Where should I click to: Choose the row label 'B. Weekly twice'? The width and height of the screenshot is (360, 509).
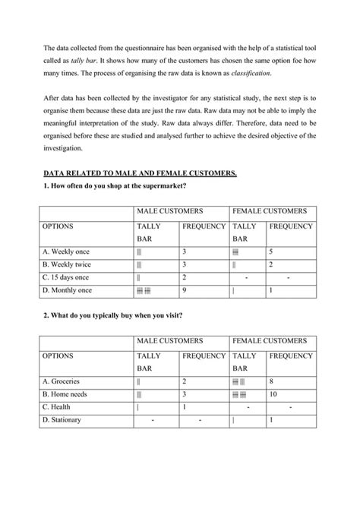pos(71,264)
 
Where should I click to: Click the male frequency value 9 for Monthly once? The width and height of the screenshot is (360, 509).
pos(185,290)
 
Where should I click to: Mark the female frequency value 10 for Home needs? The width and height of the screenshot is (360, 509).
pos(273,394)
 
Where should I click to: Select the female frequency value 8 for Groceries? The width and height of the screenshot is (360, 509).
pos(271,381)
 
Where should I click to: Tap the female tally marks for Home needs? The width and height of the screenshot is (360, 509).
pos(238,394)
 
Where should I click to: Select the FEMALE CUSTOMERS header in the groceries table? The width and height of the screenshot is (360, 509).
pos(270,340)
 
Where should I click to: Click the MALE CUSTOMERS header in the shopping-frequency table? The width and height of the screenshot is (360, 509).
pos(169,210)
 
